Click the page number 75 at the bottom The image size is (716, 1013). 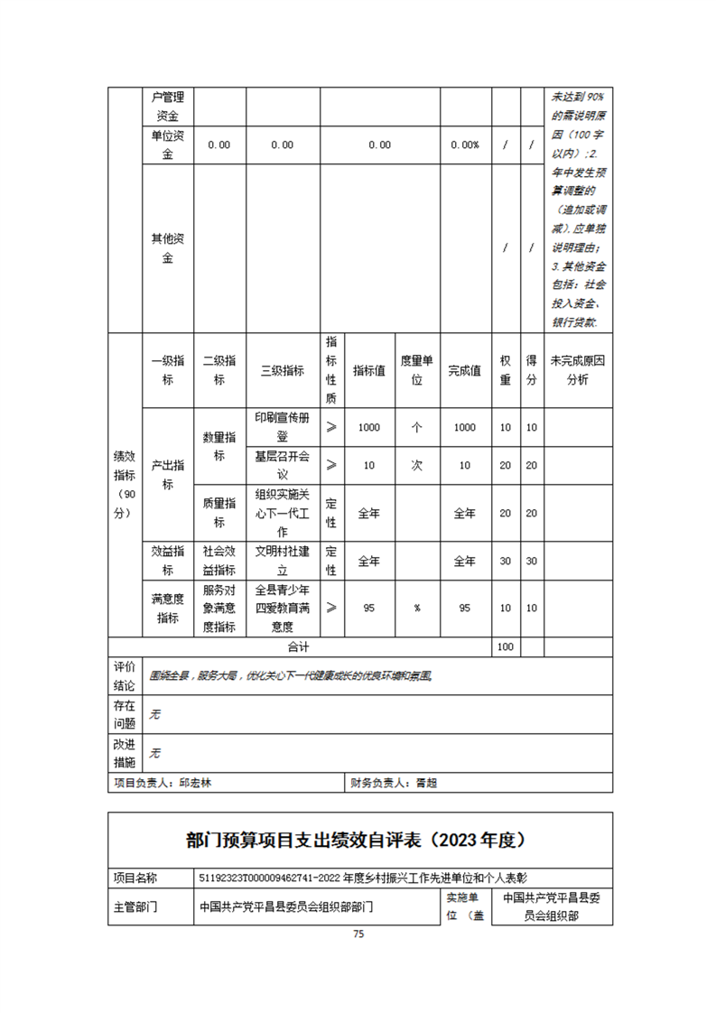point(358,935)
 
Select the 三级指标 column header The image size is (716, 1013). point(282,370)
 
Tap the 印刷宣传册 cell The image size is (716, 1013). point(282,427)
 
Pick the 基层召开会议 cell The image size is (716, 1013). point(282,465)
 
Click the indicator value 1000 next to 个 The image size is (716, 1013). point(368,427)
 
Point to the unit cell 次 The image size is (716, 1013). point(417,465)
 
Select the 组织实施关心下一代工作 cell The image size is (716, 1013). point(282,513)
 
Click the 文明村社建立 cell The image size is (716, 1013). point(282,560)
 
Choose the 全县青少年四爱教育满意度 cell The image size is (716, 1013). point(282,608)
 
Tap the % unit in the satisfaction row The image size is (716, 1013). point(417,608)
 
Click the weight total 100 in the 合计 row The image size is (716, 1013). point(505,646)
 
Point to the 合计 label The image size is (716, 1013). point(299,646)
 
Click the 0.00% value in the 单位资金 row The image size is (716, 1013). point(464,144)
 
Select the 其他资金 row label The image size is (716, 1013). point(168,248)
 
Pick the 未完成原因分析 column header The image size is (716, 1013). point(578,370)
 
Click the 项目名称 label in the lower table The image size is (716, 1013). point(135,877)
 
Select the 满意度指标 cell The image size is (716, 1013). point(168,608)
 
